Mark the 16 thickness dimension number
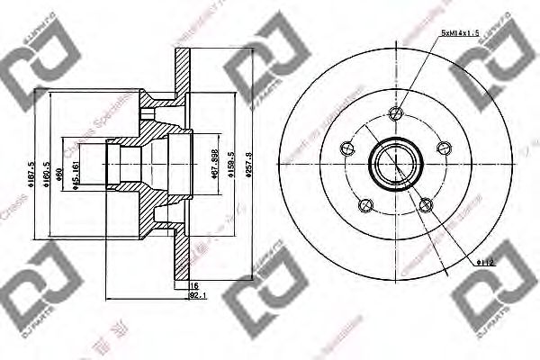point(193,284)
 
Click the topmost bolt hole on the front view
point(396,113)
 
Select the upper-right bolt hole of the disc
point(443,148)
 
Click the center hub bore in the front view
point(395,163)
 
